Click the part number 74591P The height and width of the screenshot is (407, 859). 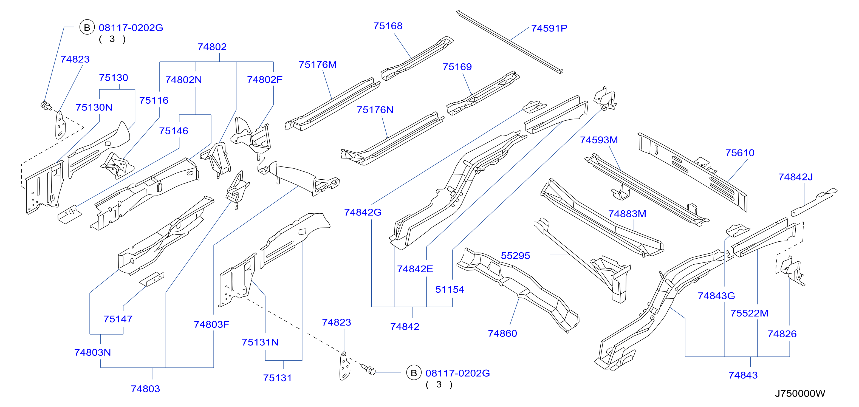pos(549,28)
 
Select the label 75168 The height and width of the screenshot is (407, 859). pos(388,26)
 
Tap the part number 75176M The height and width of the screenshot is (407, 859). pos(317,65)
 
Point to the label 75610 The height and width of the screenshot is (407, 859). pos(740,153)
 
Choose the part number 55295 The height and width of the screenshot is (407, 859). pos(515,256)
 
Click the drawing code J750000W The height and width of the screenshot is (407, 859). pos(800,394)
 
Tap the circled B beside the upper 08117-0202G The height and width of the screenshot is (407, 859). pos(87,27)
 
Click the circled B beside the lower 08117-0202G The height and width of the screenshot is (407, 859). pos(414,373)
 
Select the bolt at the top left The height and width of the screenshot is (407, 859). pos(46,106)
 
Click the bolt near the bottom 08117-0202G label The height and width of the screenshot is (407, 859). pos(369,369)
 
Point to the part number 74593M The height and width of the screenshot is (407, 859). pos(599,140)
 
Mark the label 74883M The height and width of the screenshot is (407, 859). pos(627,214)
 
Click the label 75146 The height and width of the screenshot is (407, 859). pos(173,131)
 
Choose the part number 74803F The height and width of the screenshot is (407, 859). pos(211,324)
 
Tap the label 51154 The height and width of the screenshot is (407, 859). pos(450,289)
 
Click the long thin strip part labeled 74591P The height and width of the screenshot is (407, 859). pos(509,41)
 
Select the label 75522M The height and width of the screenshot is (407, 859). pos(749,313)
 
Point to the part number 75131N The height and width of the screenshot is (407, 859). pos(260,342)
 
